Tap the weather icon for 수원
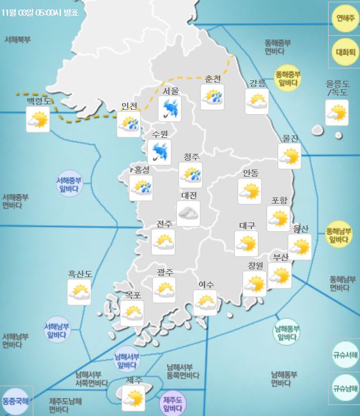[160, 151]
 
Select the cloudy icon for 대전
[188, 212]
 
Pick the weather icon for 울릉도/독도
[337, 112]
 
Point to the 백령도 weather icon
[38, 119]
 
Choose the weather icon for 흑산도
[79, 292]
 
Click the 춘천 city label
[213, 79]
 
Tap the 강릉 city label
[257, 83]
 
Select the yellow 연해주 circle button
[345, 18]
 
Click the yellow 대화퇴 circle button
[345, 52]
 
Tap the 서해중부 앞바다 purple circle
[70, 184]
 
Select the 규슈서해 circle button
[345, 354]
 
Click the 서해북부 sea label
[17, 40]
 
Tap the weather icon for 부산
[280, 275]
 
